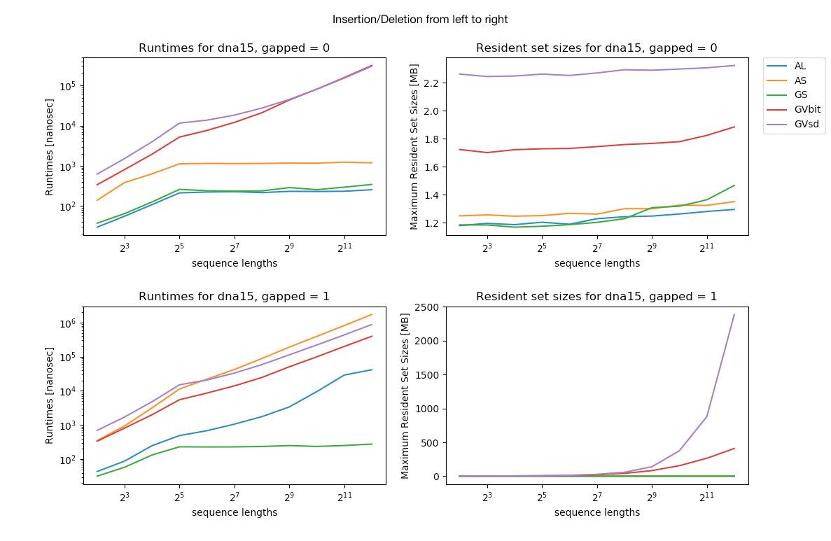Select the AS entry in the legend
pyautogui.click(x=799, y=80)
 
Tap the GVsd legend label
pyautogui.click(x=805, y=125)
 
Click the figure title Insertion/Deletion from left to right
pyautogui.click(x=420, y=20)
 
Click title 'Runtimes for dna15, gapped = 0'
pyautogui.click(x=234, y=48)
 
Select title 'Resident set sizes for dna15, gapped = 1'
pyautogui.click(x=596, y=297)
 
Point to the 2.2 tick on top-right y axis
pyautogui.click(x=432, y=83)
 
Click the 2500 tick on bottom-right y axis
pyautogui.click(x=428, y=307)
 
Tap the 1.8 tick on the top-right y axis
pyautogui.click(x=432, y=139)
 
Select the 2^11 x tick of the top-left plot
pyautogui.click(x=344, y=248)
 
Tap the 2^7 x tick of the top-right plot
pyautogui.click(x=596, y=248)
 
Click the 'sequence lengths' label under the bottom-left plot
pyautogui.click(x=234, y=512)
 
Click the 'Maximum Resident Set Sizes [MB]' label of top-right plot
pyautogui.click(x=414, y=147)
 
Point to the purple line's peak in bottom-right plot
pyautogui.click(x=734, y=314)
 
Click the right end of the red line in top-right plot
pyautogui.click(x=734, y=127)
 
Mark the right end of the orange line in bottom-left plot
pyautogui.click(x=372, y=314)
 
